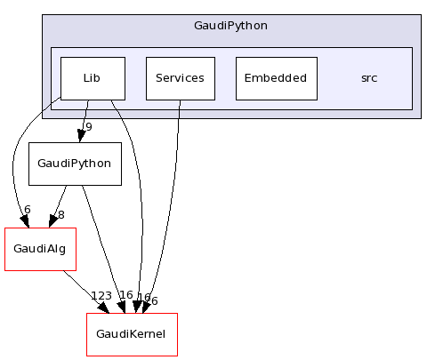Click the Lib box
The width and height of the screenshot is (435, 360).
click(x=92, y=77)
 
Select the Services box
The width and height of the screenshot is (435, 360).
click(x=179, y=77)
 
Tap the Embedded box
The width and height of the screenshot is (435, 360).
click(x=277, y=77)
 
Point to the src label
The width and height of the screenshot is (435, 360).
click(x=368, y=77)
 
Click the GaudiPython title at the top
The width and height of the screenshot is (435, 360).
click(x=230, y=25)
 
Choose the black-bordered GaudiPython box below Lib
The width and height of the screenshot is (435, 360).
click(x=75, y=164)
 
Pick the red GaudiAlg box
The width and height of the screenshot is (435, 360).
click(x=40, y=249)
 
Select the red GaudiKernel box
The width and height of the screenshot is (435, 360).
click(x=132, y=334)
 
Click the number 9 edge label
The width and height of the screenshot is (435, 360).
click(x=88, y=126)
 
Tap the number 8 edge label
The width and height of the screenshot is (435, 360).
click(x=60, y=214)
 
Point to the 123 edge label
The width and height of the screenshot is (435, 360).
click(x=101, y=296)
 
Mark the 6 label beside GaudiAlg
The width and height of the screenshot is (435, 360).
click(x=27, y=210)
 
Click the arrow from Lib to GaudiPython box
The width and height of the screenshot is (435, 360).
click(x=84, y=119)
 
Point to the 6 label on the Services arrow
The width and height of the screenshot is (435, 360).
click(x=154, y=300)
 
